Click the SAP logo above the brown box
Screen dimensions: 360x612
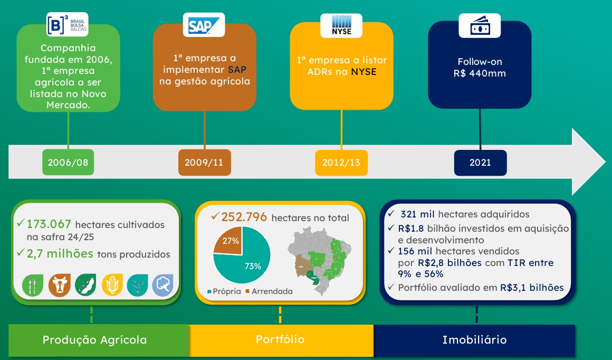point(204,24)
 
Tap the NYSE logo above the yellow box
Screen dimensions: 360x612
point(342,25)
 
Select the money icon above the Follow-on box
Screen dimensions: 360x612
point(479,25)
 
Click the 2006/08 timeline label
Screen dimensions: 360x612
point(68,163)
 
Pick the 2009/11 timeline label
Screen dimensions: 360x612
point(204,163)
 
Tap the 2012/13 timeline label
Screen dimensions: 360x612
point(341,163)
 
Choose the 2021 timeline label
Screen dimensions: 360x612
point(480,163)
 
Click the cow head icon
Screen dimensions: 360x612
point(59,285)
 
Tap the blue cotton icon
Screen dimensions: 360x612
point(162,285)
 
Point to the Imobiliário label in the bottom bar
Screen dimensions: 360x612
point(474,340)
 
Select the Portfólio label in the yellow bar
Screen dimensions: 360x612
point(280,339)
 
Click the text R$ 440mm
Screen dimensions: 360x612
point(479,73)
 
